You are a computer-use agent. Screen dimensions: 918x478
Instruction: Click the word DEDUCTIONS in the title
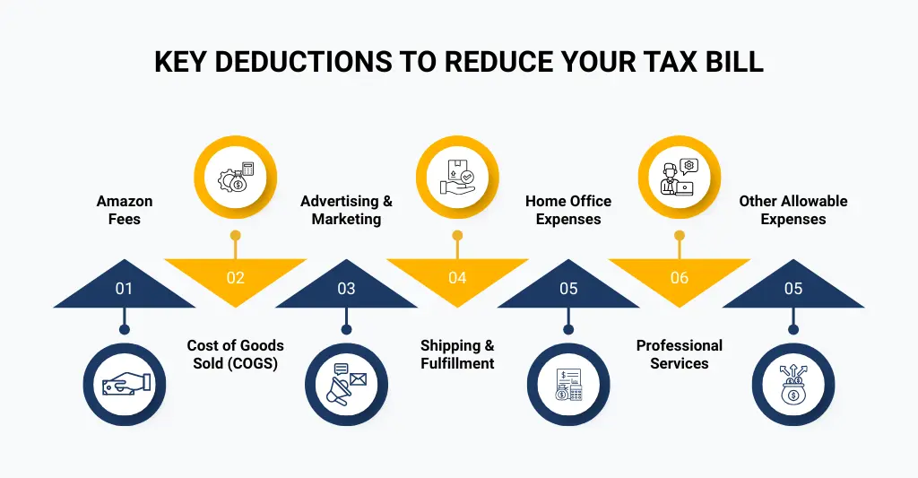tap(303, 62)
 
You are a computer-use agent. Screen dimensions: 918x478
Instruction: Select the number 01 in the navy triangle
tap(124, 288)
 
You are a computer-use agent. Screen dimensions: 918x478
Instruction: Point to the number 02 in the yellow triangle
tap(236, 278)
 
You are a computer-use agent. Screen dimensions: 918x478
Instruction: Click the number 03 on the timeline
tap(346, 288)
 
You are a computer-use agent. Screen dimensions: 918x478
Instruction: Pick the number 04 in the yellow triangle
tap(457, 278)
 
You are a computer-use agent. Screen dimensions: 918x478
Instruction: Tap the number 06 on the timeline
tap(680, 278)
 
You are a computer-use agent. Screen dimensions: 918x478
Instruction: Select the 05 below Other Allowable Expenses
tap(793, 288)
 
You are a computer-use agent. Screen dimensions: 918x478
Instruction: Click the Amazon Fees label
tap(124, 210)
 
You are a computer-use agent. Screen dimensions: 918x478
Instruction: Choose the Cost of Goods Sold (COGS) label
tap(236, 354)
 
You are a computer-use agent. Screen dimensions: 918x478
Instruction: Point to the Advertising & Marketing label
tap(346, 210)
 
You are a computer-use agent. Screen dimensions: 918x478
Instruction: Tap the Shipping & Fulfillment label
tap(457, 354)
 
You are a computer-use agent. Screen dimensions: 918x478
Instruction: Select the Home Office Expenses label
tap(568, 210)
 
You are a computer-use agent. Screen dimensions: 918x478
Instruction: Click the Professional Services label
tap(680, 354)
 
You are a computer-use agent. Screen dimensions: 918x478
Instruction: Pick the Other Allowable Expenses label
tap(793, 210)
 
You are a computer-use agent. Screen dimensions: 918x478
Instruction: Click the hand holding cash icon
tap(125, 384)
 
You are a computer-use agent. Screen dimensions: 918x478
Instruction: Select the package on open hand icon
tap(457, 178)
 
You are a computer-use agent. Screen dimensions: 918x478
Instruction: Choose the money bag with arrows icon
tap(793, 384)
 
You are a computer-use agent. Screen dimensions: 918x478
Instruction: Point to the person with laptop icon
tap(680, 177)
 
